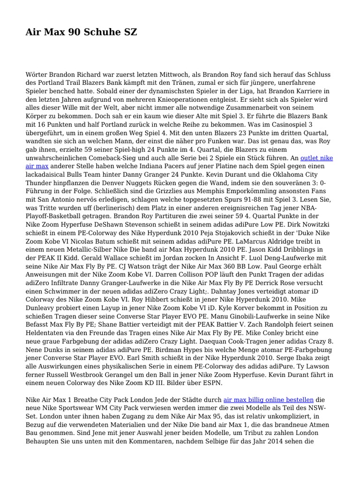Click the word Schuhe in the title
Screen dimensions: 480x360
click(102, 32)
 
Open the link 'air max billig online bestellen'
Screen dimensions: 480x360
click(269, 400)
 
